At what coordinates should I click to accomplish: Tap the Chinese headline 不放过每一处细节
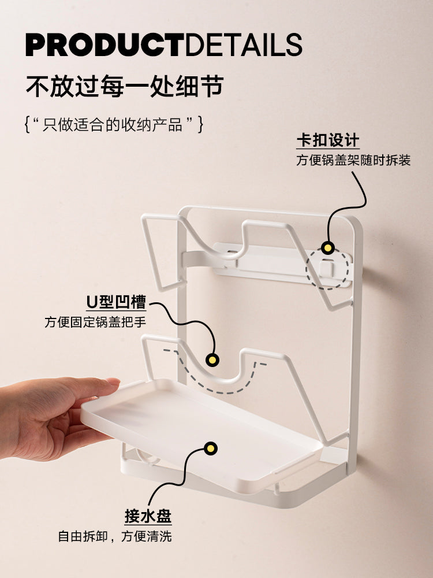click(125, 86)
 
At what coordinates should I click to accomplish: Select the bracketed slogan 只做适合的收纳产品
click(113, 124)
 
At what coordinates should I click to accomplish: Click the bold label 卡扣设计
click(328, 140)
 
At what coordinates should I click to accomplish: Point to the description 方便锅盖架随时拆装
click(353, 160)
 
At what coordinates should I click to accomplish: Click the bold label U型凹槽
click(117, 302)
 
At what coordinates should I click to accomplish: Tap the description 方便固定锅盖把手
click(95, 322)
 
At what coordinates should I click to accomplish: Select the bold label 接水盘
click(148, 516)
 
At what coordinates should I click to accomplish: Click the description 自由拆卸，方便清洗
click(115, 536)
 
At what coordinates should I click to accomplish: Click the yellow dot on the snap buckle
click(327, 247)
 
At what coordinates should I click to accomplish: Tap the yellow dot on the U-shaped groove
click(212, 360)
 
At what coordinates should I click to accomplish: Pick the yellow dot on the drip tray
click(210, 449)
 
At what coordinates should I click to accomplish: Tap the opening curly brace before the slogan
click(27, 124)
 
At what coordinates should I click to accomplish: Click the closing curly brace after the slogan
click(200, 124)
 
